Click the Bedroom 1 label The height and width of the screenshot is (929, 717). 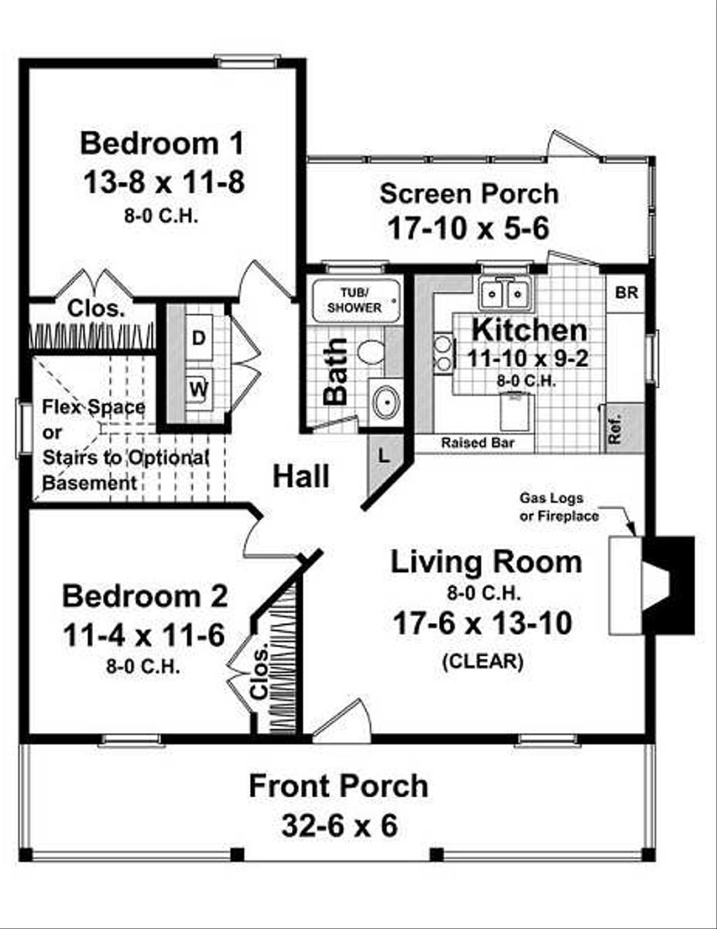tap(162, 143)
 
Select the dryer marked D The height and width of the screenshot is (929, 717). tap(199, 338)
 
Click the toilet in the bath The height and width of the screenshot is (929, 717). tap(370, 351)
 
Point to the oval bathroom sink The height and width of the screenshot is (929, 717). tap(384, 403)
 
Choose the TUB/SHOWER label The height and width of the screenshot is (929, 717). tap(355, 300)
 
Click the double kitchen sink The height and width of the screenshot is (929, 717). tap(504, 293)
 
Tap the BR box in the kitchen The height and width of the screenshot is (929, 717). tap(626, 293)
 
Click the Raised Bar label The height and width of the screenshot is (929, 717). tap(478, 443)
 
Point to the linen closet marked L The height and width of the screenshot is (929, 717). tap(384, 456)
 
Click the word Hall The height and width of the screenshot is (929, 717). tap(301, 477)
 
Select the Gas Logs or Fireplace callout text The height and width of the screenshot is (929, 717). tap(559, 507)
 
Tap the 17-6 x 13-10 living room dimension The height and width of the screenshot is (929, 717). tap(482, 623)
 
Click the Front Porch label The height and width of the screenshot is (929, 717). tap(338, 785)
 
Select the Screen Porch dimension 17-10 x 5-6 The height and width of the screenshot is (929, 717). tap(468, 228)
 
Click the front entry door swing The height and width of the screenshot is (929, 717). tap(343, 720)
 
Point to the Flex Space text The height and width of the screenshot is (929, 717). tap(94, 407)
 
